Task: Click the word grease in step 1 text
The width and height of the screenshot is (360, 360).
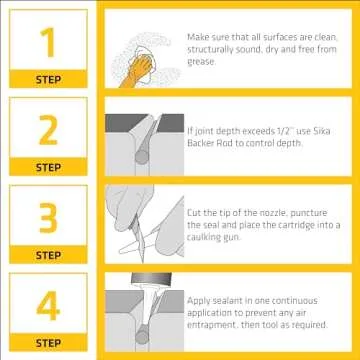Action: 201,61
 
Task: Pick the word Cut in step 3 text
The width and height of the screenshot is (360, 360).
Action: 194,212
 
